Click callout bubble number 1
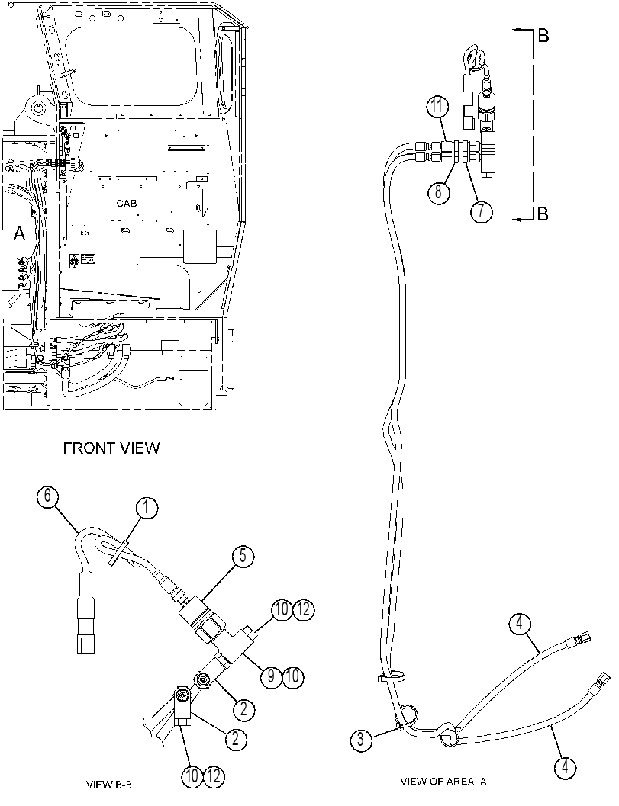click(147, 509)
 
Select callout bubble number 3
click(361, 740)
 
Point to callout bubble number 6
click(47, 497)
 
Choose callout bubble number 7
click(482, 212)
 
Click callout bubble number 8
click(438, 191)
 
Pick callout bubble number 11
click(437, 108)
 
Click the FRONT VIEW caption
click(111, 448)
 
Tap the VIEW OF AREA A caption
click(443, 782)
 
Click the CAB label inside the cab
click(127, 204)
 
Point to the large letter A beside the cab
click(19, 234)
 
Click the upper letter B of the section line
click(543, 36)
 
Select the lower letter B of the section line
click(543, 214)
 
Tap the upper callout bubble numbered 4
click(520, 624)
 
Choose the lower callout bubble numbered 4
click(565, 767)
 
